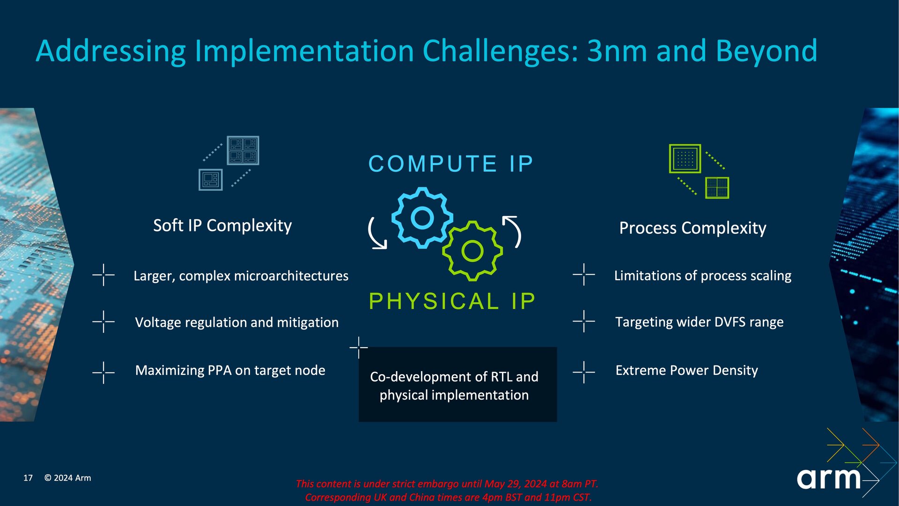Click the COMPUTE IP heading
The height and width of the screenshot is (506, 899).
coord(451,164)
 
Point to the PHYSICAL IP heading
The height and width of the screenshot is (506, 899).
coord(452,301)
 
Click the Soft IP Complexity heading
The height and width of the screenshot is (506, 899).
coord(222,225)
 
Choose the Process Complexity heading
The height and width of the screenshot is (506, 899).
coord(693,228)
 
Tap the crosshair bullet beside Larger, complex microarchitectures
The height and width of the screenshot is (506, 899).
coord(103,275)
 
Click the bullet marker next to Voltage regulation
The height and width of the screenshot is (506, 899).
coord(103,321)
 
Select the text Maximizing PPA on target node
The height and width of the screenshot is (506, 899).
coord(230,370)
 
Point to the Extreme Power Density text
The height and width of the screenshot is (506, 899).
coord(686,370)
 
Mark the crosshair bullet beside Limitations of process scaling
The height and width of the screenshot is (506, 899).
coord(584,275)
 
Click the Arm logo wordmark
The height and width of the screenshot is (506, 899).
coord(828,478)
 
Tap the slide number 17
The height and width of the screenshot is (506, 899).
coord(28,478)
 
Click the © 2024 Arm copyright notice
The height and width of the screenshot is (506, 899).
coord(67,478)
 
